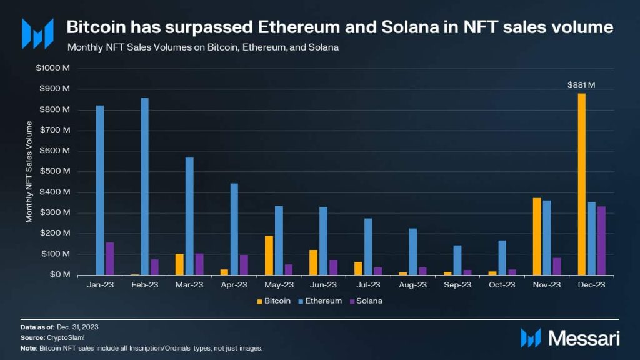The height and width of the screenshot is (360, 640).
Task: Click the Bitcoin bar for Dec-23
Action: (582, 184)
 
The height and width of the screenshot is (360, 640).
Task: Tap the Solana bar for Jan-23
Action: (110, 259)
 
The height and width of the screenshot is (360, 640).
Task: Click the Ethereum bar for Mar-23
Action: (189, 216)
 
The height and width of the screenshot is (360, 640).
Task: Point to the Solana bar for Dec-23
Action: (601, 241)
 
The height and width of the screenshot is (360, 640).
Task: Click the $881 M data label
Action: (581, 84)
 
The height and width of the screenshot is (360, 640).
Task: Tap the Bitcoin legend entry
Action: (272, 301)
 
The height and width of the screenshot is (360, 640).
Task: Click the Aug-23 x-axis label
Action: (413, 284)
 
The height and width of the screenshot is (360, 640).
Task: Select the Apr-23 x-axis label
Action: (234, 284)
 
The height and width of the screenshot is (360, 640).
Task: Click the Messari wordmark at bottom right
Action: (584, 338)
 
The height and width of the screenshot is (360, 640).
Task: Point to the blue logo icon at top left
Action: (37, 34)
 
